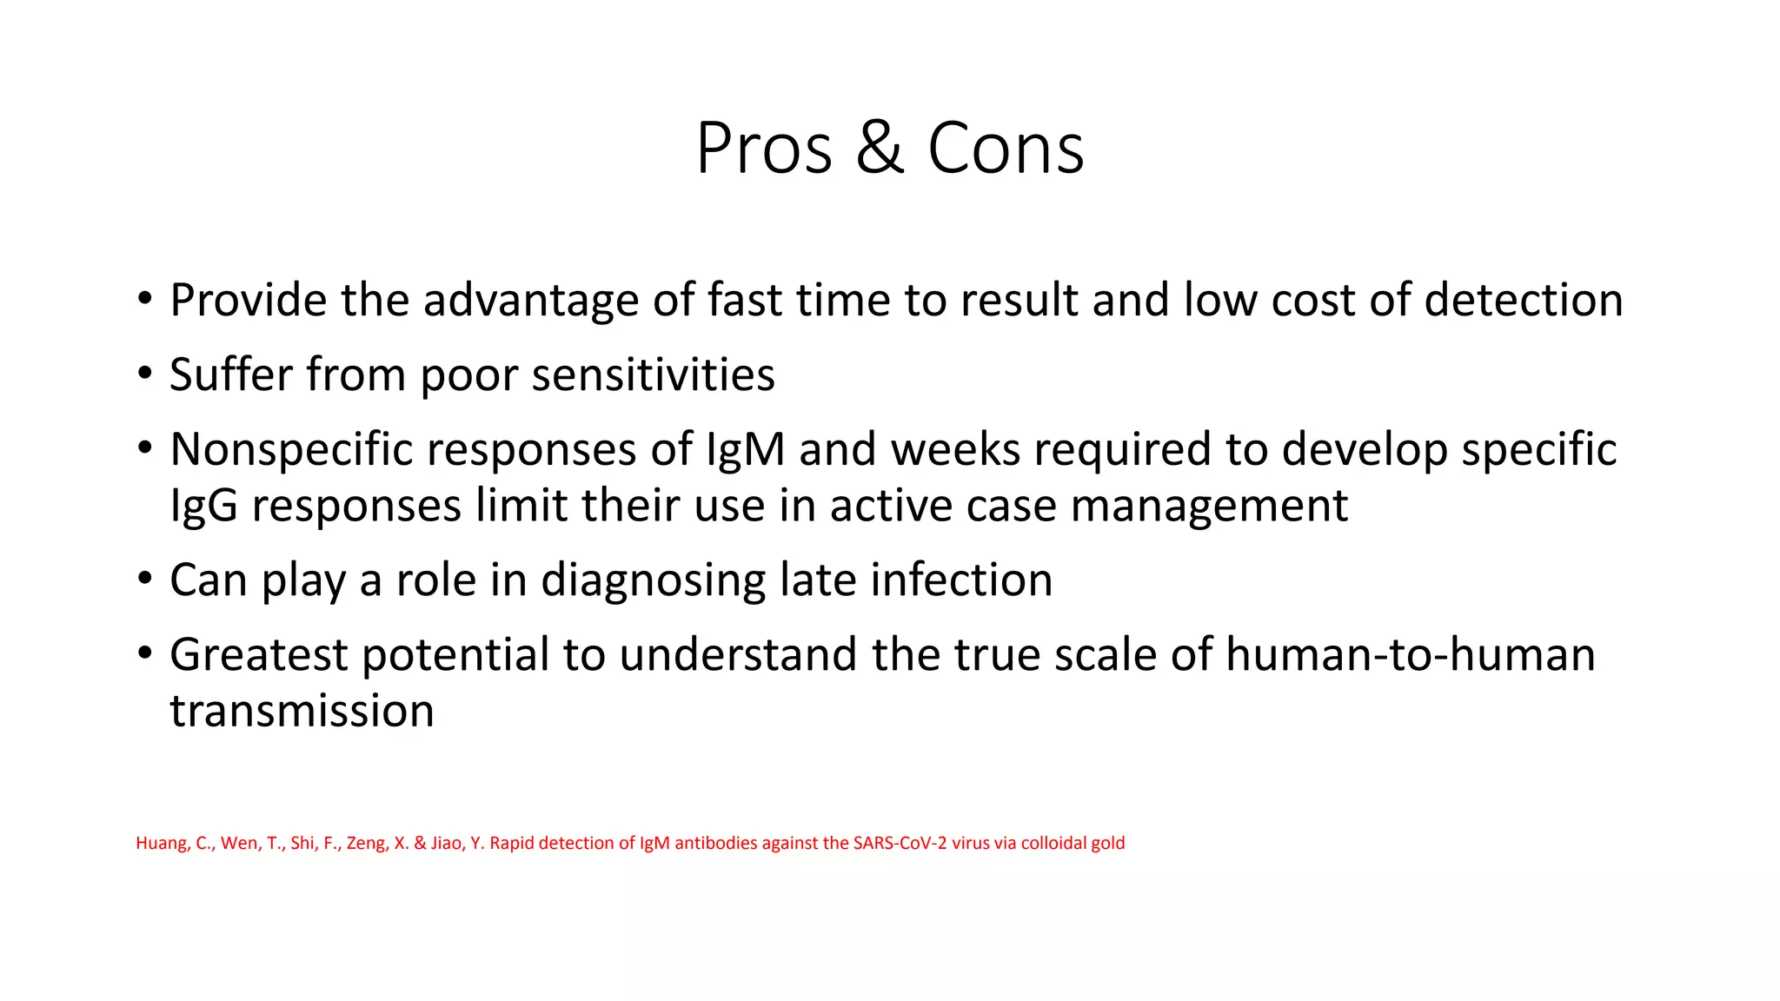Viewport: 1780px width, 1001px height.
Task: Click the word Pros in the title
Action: [764, 149]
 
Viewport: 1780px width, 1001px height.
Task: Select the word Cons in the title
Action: [1006, 149]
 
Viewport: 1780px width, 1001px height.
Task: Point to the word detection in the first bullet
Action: [1524, 301]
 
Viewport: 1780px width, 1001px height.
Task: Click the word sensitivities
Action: [653, 375]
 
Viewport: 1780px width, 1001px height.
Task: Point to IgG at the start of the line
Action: [203, 506]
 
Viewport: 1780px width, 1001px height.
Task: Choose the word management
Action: [1209, 506]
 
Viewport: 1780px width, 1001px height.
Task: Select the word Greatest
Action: [258, 655]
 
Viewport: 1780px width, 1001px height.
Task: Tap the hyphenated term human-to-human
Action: [1410, 655]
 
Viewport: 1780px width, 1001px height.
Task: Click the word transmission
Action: [302, 711]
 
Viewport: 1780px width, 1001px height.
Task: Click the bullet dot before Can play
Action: [144, 579]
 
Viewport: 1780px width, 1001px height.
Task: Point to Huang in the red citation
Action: [161, 843]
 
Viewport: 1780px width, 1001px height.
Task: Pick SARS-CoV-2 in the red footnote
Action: [900, 843]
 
